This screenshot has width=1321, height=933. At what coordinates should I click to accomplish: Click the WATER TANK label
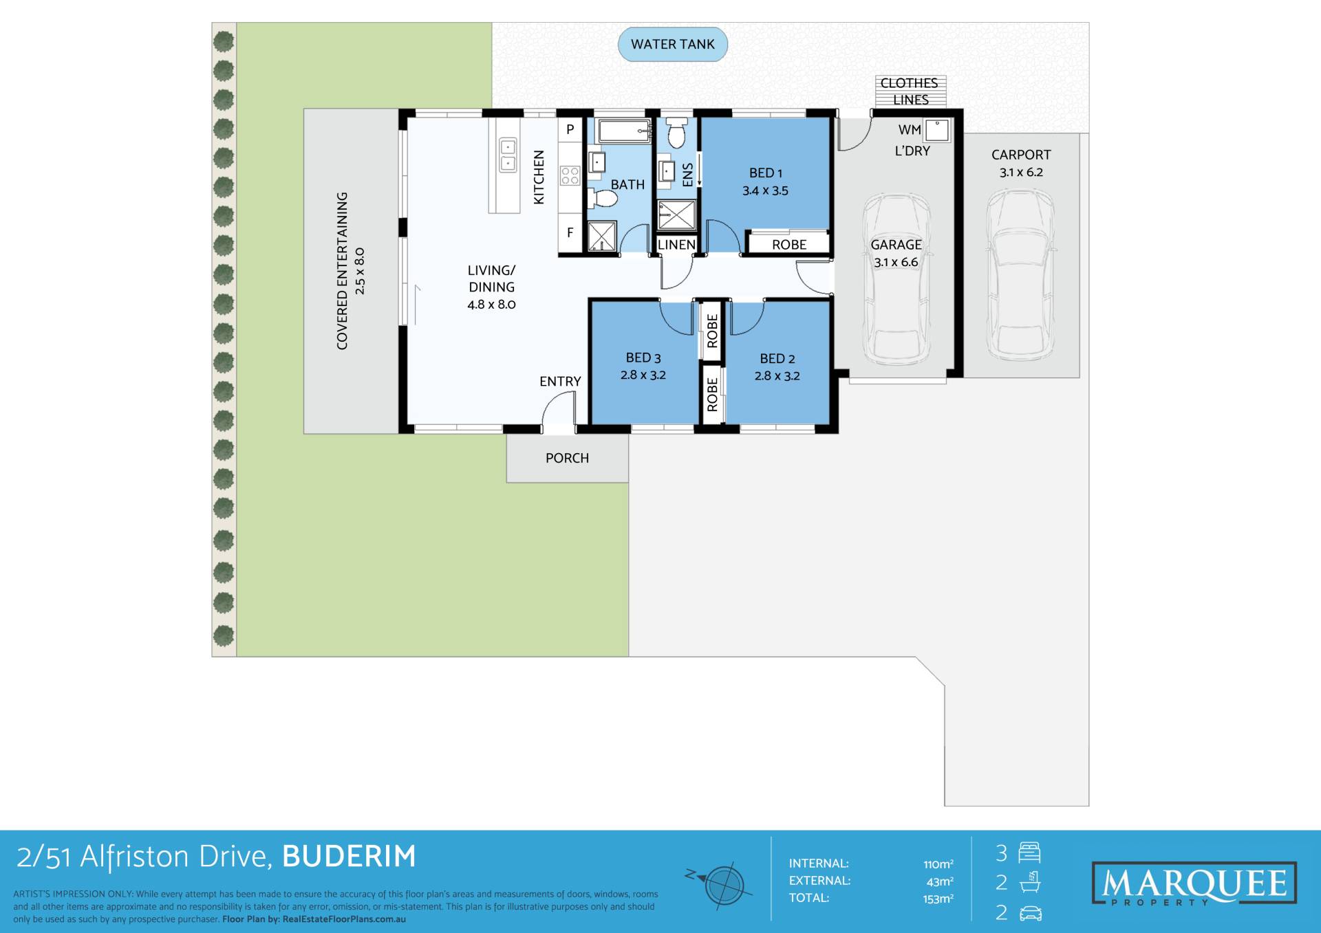tap(672, 44)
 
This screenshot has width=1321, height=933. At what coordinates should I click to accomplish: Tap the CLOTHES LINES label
tap(910, 91)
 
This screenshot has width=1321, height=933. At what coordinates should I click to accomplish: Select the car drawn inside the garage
tap(896, 278)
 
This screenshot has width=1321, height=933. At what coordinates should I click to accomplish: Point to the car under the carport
tap(1020, 275)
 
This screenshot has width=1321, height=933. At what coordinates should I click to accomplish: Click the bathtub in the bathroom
tap(625, 131)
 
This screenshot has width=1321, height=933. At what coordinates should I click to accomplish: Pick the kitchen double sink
tap(508, 155)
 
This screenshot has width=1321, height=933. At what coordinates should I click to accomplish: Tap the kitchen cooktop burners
tap(570, 175)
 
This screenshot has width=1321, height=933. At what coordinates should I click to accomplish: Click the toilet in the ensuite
tap(677, 132)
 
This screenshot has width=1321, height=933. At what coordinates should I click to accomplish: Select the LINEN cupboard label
tap(676, 245)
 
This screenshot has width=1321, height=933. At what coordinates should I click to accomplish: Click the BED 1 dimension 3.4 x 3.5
tap(765, 191)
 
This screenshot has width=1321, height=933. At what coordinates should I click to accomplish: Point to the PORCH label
tap(567, 458)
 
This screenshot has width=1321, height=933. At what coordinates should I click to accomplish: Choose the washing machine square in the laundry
tap(936, 130)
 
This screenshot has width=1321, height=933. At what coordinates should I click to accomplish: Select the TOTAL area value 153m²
tap(938, 899)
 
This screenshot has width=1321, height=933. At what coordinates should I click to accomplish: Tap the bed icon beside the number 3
tap(1029, 853)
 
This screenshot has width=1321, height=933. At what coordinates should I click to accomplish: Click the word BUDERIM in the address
tap(349, 857)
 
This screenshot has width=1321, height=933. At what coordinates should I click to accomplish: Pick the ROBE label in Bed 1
tap(789, 245)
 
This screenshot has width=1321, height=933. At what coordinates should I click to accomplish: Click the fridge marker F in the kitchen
tap(570, 233)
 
